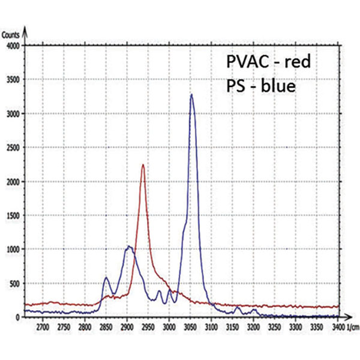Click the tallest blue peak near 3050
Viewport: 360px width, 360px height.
pyautogui.click(x=191, y=95)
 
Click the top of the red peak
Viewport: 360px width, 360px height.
pyautogui.click(x=143, y=165)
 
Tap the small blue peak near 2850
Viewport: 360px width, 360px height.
pyautogui.click(x=106, y=278)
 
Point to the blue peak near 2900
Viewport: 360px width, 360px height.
pyautogui.click(x=128, y=247)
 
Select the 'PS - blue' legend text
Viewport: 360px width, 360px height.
pyautogui.click(x=260, y=86)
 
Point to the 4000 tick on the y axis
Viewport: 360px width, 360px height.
pyautogui.click(x=13, y=46)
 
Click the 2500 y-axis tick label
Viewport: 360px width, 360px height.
pyautogui.click(x=13, y=148)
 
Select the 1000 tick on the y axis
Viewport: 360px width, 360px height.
pyautogui.click(x=13, y=249)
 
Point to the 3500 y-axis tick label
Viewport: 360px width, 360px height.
pyautogui.click(x=13, y=80)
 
